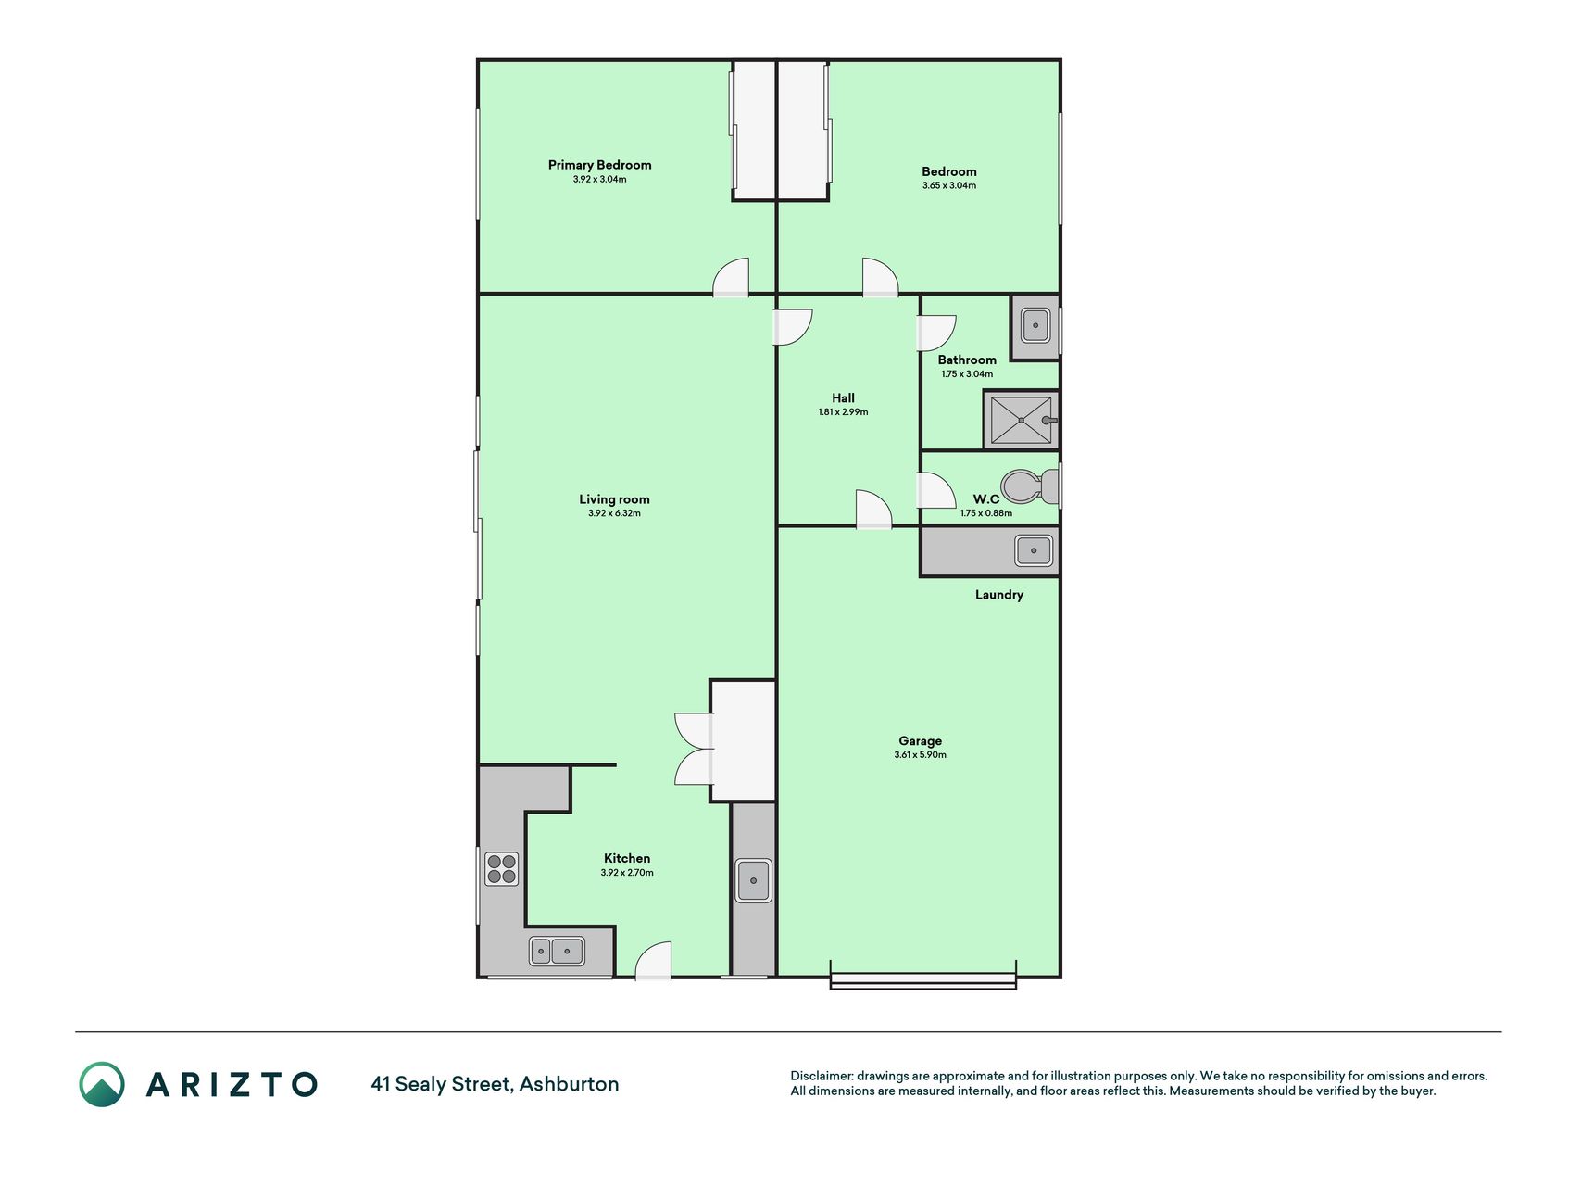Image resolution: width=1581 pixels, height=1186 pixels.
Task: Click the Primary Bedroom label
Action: tap(599, 165)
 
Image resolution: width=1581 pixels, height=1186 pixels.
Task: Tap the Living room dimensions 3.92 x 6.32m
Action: tap(614, 513)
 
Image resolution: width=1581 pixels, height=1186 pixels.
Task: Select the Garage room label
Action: tap(920, 740)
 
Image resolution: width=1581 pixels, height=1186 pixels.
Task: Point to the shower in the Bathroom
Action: tap(1022, 420)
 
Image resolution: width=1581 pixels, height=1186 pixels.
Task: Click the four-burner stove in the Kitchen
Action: tap(501, 869)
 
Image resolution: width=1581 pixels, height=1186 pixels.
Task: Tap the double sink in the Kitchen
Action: tap(557, 951)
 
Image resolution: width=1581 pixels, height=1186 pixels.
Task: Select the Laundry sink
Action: tap(1034, 550)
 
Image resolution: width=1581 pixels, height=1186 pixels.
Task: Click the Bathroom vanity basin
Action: tap(1035, 325)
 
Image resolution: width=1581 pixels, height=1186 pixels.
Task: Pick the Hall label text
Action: tap(843, 398)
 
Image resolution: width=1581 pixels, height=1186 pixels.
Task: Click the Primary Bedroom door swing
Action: tap(731, 276)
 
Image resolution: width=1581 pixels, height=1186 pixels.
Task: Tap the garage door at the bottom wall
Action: tap(922, 982)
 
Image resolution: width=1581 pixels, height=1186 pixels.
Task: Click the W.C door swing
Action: tap(935, 490)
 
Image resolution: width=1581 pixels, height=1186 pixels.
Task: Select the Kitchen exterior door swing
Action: tap(653, 960)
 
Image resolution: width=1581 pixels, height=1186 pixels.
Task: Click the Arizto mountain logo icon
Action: tap(102, 1084)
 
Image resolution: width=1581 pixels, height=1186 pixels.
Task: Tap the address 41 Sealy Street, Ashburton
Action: tap(495, 1084)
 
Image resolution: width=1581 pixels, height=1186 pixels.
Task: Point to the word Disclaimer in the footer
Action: tap(821, 1076)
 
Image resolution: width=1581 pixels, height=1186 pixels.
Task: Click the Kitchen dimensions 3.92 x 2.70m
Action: tap(627, 873)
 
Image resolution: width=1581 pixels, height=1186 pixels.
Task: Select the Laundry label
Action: tap(998, 595)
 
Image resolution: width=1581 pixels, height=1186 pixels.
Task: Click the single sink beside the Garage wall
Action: tap(753, 880)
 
